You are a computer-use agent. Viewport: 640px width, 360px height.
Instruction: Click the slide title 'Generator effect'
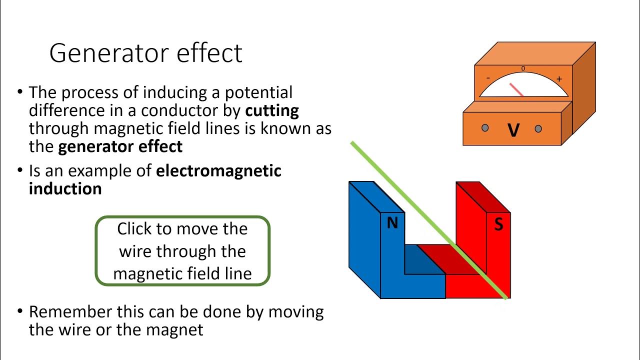(x=145, y=53)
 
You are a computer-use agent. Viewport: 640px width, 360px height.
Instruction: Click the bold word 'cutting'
(x=272, y=110)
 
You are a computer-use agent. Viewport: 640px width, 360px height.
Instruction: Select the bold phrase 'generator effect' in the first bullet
(x=120, y=146)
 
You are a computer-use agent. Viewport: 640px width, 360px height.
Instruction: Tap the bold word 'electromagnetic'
(x=219, y=171)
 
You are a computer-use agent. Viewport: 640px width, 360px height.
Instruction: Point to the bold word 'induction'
(x=65, y=188)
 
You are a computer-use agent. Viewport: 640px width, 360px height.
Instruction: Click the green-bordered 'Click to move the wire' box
(x=182, y=251)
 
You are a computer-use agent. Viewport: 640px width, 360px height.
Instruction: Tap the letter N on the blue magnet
(x=392, y=223)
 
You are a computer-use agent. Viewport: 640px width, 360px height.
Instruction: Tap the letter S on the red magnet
(x=498, y=224)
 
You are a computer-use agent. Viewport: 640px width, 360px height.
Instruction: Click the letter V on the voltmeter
(x=513, y=130)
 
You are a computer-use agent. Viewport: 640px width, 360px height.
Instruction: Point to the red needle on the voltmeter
(x=516, y=89)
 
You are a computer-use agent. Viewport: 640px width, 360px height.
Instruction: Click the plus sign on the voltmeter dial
(x=559, y=79)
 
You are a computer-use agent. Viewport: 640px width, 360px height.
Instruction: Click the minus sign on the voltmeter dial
(x=488, y=78)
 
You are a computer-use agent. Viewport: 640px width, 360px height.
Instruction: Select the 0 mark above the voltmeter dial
(x=523, y=68)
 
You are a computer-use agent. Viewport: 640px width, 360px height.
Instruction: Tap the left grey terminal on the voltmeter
(x=485, y=128)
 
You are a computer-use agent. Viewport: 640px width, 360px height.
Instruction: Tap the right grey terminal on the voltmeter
(x=538, y=128)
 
